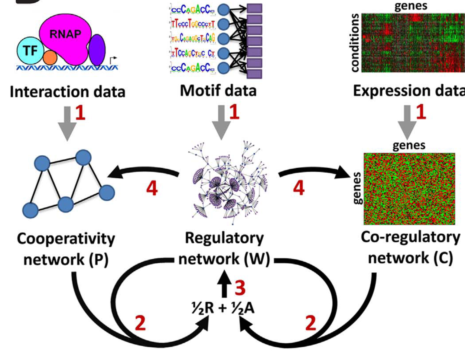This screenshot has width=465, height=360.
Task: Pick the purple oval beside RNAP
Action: click(x=97, y=50)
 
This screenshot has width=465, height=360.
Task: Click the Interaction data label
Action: click(x=67, y=92)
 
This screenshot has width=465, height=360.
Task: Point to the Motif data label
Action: click(x=218, y=91)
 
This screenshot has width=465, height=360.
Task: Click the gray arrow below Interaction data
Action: click(x=67, y=123)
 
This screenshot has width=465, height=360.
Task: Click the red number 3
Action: click(x=240, y=288)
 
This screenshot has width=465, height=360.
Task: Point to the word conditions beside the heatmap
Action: click(x=355, y=43)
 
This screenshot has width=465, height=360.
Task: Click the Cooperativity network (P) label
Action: click(x=66, y=249)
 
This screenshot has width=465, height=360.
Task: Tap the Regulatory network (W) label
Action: click(x=224, y=248)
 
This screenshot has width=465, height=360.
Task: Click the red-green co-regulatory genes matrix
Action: click(x=409, y=189)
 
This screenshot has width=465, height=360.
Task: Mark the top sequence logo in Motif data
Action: click(x=192, y=10)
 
